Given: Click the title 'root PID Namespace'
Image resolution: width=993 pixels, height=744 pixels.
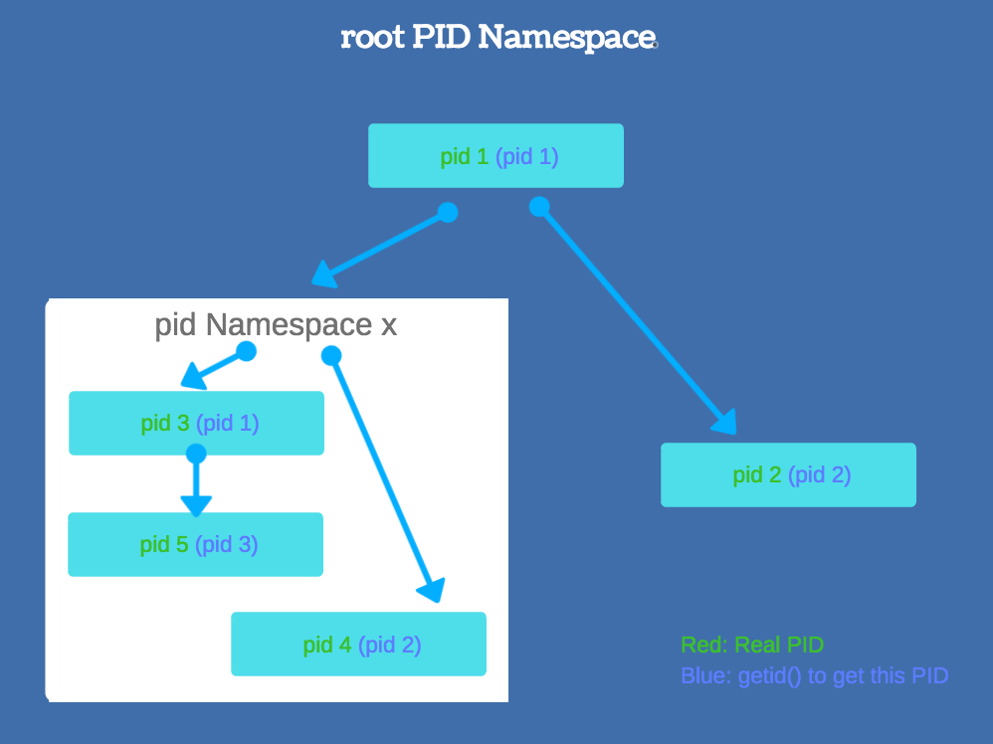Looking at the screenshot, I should [497, 38].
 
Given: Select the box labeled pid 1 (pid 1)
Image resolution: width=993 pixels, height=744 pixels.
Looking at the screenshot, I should [496, 156].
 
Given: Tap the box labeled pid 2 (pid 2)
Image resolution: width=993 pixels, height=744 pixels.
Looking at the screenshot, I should [788, 474].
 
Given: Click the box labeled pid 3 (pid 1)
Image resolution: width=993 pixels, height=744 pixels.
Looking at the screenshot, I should [196, 423].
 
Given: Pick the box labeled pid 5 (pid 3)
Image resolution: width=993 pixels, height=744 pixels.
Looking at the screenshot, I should [195, 544].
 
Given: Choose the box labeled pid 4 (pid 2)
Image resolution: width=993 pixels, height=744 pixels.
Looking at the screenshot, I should [358, 645].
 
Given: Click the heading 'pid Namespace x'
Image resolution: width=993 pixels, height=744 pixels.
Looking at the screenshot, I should [276, 325].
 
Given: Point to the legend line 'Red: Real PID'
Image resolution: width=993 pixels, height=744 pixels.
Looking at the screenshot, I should [752, 645].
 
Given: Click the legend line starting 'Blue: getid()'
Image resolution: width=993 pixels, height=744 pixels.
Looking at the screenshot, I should [814, 676].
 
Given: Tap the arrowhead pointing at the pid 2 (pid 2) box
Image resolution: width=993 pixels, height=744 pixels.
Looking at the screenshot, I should [725, 422].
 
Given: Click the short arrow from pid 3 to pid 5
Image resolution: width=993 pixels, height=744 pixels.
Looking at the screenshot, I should [196, 482].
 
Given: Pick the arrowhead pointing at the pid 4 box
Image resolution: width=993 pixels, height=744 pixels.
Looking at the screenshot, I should [431, 591].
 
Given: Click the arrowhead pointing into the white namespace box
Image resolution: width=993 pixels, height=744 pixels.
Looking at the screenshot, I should [325, 272].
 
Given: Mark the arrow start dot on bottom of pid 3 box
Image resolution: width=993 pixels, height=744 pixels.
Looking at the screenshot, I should [196, 454].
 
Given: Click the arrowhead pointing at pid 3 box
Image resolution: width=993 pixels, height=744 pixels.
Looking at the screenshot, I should [193, 378].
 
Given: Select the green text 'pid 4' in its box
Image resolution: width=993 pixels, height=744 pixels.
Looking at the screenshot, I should [327, 645].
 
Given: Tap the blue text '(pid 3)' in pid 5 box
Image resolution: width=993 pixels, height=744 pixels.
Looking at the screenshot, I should [226, 544].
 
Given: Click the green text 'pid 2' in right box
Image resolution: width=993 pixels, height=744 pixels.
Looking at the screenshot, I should [757, 474].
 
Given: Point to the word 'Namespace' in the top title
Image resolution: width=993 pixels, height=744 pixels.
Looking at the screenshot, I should [566, 38].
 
